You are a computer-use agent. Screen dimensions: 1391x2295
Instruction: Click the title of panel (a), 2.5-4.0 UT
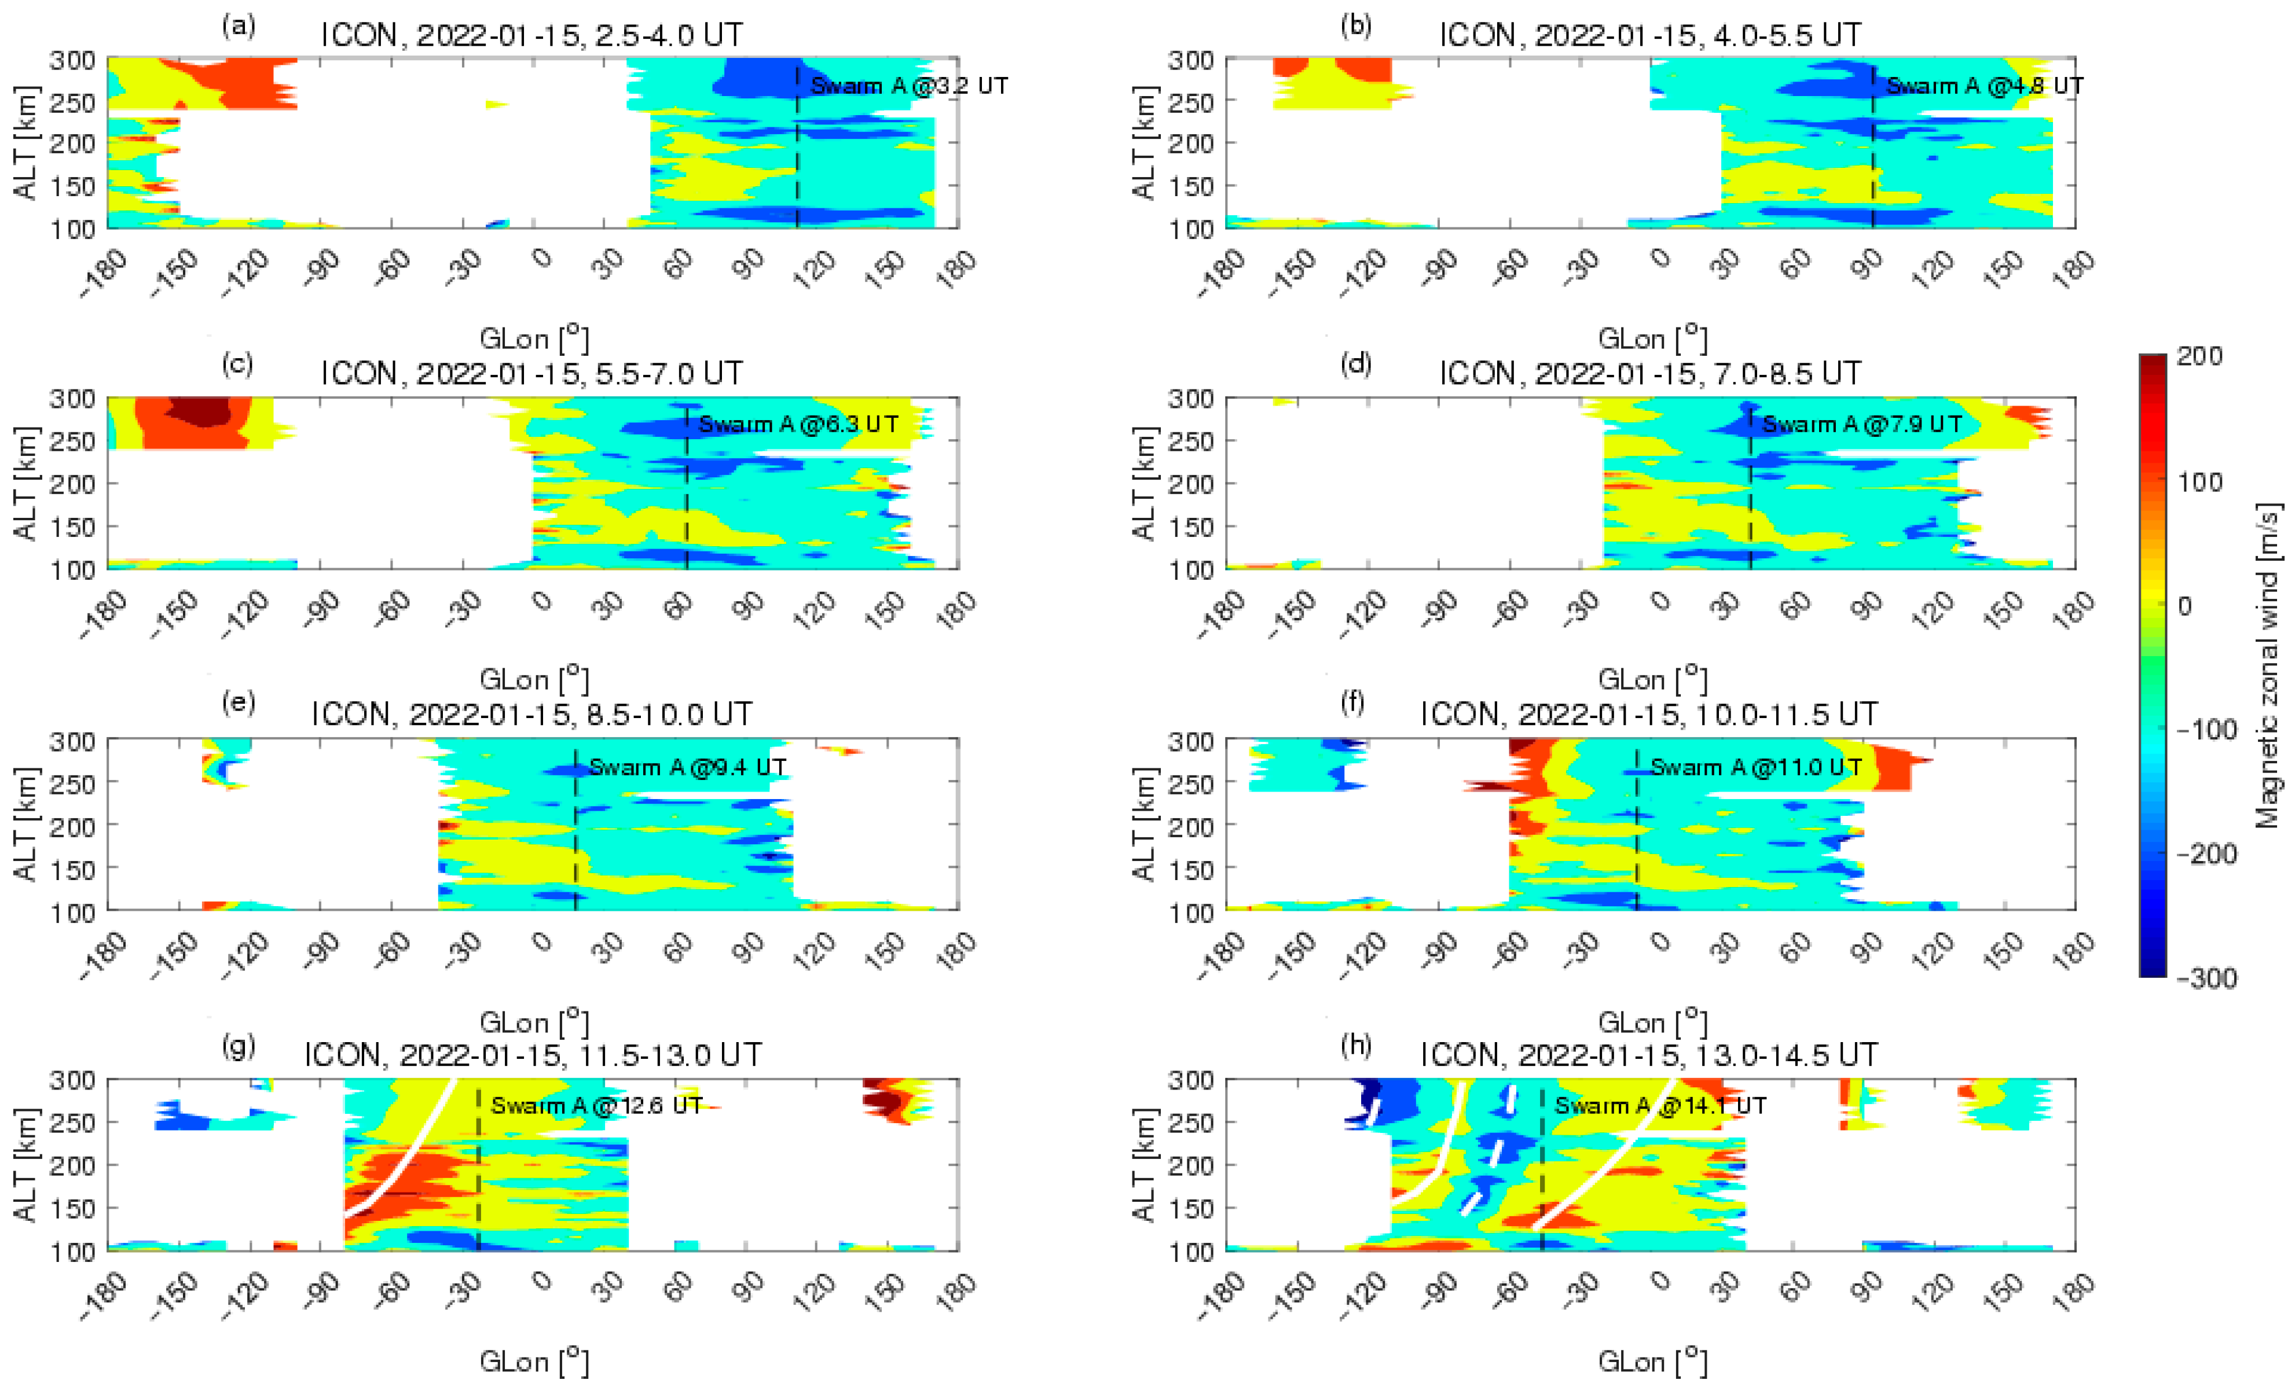[x=532, y=35]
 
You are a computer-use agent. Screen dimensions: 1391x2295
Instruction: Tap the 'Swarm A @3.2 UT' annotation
[x=909, y=86]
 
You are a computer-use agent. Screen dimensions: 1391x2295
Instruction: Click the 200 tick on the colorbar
[x=2200, y=356]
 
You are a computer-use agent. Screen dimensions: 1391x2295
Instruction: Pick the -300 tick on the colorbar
[x=2206, y=978]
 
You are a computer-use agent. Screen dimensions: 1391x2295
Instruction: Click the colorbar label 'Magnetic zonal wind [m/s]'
[x=2268, y=666]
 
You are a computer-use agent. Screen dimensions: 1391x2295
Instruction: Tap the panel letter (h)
[x=1355, y=1044]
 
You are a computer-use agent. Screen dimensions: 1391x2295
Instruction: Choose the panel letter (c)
[x=237, y=363]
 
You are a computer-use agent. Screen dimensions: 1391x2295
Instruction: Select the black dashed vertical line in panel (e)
[x=575, y=838]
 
